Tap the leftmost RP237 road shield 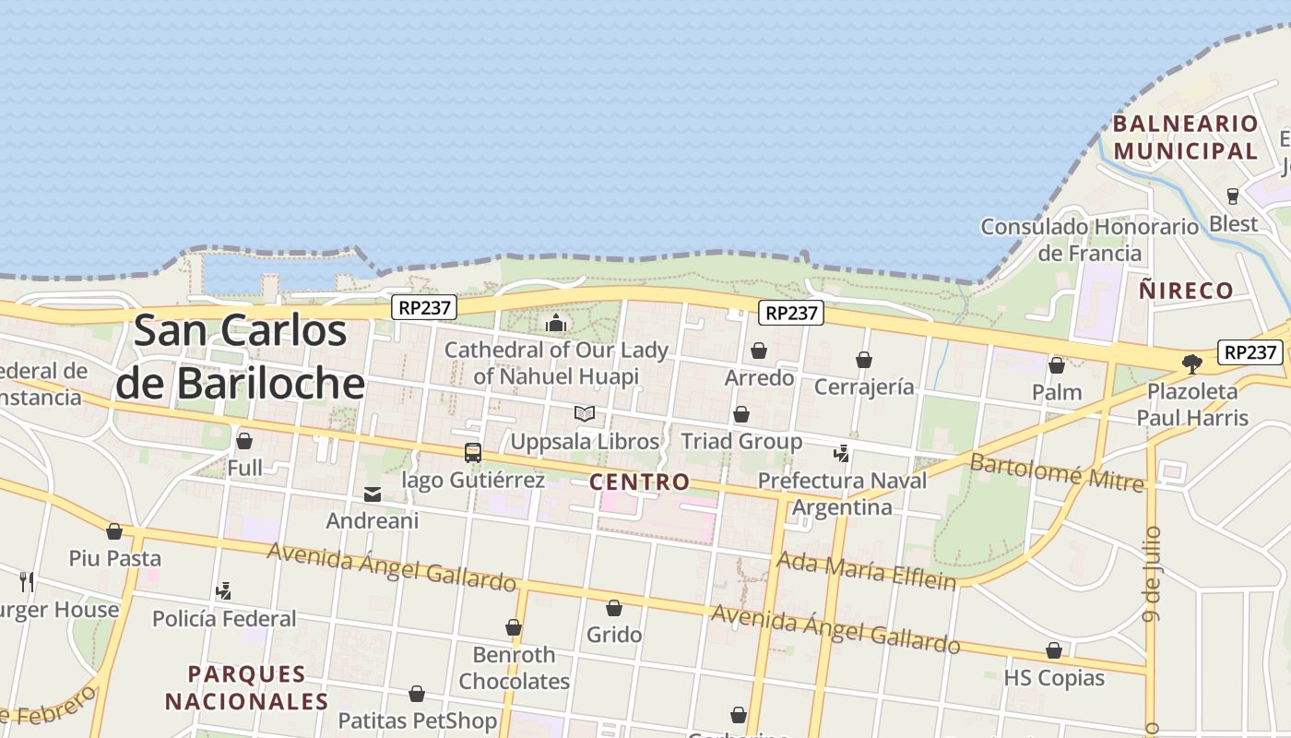[424, 307]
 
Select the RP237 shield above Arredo [792, 313]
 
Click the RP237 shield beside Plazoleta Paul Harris [1250, 351]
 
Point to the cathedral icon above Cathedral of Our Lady [556, 323]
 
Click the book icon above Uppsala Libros [585, 413]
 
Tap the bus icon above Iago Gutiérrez [473, 453]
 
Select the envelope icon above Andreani [373, 494]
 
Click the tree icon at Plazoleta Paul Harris [1192, 363]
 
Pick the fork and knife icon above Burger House [27, 581]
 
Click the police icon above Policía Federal [223, 590]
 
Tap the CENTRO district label [639, 482]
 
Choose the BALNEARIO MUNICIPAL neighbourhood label [1185, 137]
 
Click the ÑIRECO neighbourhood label [1186, 291]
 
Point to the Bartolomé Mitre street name [1056, 472]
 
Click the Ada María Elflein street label [866, 570]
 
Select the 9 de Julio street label [1152, 574]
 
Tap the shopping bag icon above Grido [614, 608]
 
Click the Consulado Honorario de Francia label [1089, 239]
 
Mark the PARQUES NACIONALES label [246, 687]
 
